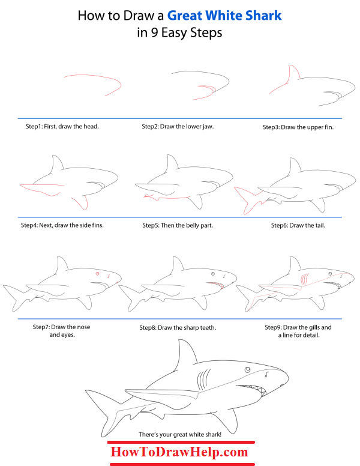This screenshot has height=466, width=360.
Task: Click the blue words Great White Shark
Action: tap(224, 15)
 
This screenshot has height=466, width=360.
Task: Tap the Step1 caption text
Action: tap(62, 127)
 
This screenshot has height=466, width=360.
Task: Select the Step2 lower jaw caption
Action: tap(178, 127)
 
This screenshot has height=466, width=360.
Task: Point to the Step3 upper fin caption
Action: tap(298, 127)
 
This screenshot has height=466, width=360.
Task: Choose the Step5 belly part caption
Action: tap(178, 226)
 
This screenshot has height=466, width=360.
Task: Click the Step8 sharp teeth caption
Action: tap(178, 327)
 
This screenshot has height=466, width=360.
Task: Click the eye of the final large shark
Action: tap(247, 369)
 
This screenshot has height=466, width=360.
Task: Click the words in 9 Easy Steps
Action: tap(179, 33)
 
